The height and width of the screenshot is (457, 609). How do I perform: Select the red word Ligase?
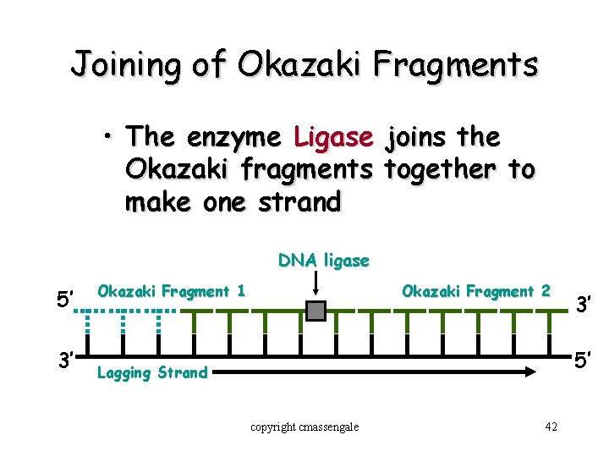(333, 136)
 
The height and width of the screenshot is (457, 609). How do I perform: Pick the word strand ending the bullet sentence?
(296, 202)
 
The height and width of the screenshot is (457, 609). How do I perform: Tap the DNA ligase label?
(324, 261)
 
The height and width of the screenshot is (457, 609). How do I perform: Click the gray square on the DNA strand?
(315, 311)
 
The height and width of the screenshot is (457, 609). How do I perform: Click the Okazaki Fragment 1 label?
(172, 291)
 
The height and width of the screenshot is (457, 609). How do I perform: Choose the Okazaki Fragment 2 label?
(476, 291)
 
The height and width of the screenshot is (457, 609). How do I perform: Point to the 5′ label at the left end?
(67, 300)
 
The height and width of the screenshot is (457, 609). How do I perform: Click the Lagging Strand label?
(152, 372)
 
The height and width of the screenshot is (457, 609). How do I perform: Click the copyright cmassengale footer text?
(304, 427)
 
